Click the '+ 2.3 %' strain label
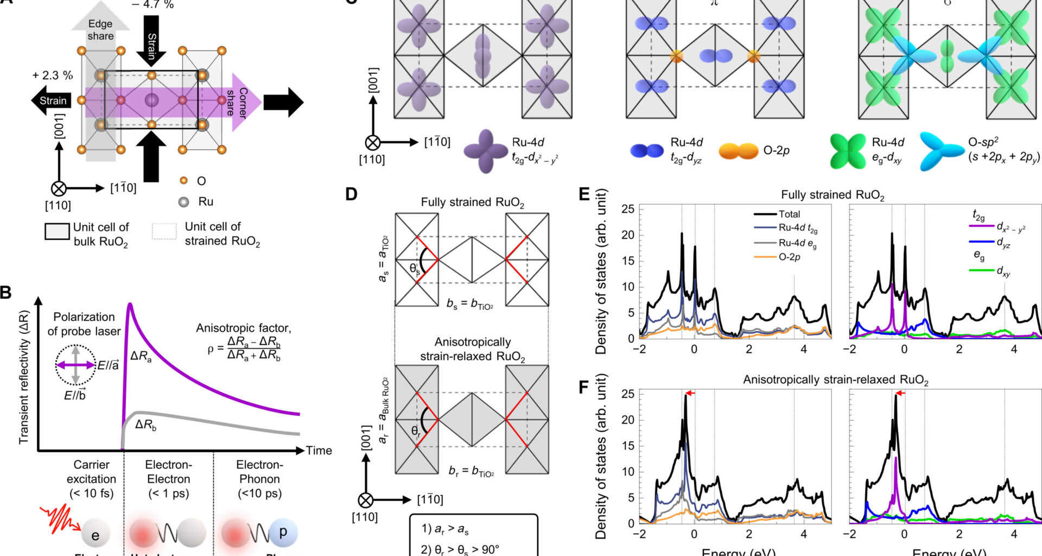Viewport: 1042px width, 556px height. tap(53, 75)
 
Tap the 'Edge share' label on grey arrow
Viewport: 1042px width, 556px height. tap(100, 30)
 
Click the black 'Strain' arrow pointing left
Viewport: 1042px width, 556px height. tap(52, 100)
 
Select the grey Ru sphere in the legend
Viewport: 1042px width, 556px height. tap(184, 202)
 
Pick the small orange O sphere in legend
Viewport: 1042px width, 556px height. tap(183, 180)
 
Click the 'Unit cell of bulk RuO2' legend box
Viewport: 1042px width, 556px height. tap(57, 231)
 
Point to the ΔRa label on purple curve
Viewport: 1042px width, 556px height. tap(141, 357)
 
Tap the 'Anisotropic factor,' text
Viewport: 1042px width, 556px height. tap(243, 328)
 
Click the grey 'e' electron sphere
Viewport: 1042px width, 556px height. tap(96, 535)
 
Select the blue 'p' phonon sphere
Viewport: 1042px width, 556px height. tap(282, 532)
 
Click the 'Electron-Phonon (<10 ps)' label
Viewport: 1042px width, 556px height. tap(259, 479)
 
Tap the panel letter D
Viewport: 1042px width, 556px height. tap(352, 194)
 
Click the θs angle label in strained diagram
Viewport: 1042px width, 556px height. tap(415, 269)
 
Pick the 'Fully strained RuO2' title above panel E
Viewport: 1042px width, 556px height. tap(832, 195)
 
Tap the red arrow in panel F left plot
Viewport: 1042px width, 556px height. tap(690, 393)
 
